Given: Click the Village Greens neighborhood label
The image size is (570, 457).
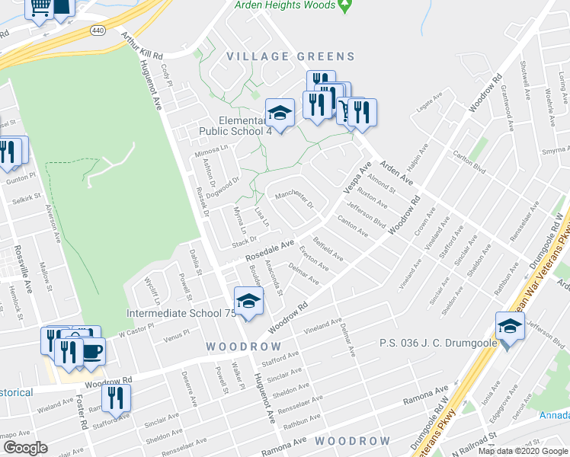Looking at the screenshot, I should (x=290, y=56).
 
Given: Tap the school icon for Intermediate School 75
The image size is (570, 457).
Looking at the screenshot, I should (x=248, y=303).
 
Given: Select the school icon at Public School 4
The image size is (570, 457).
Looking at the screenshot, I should (x=280, y=114).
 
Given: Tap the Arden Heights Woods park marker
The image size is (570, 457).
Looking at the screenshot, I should (x=344, y=6).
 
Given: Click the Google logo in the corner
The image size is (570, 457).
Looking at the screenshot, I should (x=25, y=448).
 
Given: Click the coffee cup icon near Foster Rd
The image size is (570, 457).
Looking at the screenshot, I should (x=91, y=352).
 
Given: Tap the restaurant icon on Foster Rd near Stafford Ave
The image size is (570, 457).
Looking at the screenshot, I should (x=117, y=399).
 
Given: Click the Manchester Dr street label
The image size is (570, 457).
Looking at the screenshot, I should (x=294, y=200).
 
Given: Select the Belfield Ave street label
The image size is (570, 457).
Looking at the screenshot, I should (x=328, y=249).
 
